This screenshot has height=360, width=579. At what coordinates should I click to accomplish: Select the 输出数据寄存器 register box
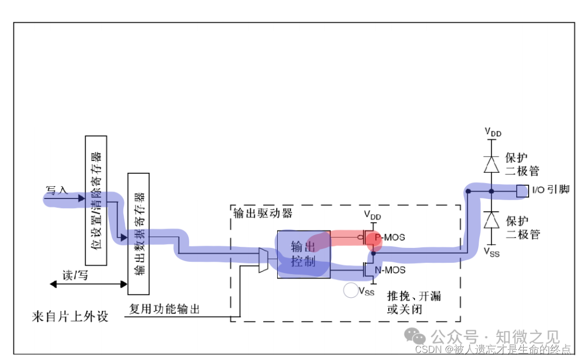(x=138, y=233)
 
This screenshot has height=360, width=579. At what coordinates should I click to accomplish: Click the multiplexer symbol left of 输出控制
(x=263, y=260)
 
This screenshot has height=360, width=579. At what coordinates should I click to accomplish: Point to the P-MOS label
(x=390, y=237)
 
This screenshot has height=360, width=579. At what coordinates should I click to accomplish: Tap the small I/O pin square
(x=522, y=190)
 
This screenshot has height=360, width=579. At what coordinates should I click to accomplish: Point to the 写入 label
(x=57, y=190)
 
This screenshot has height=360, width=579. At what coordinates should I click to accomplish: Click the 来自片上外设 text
(x=70, y=317)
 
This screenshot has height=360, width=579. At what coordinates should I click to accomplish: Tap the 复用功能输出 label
(x=165, y=309)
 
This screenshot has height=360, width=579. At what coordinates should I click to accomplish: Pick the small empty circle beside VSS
(x=351, y=291)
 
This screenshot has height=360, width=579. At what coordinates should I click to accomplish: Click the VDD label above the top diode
(x=493, y=132)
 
